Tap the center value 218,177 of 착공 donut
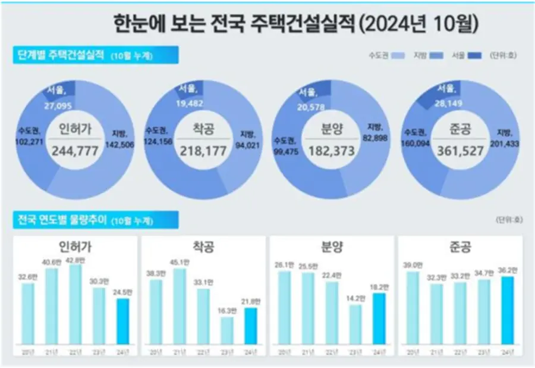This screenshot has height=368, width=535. point(203,151)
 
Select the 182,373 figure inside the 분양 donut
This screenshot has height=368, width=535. point(331,152)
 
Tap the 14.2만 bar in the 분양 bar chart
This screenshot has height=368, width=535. point(355,325)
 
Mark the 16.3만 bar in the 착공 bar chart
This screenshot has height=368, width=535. point(226,330)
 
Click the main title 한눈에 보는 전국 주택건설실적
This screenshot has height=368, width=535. point(235,25)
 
